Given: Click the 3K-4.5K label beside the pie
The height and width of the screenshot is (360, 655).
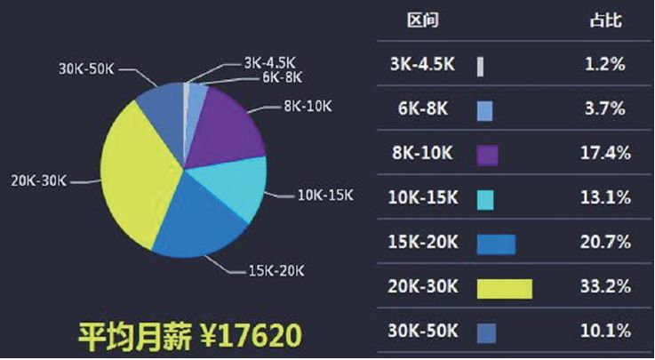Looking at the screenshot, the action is (x=270, y=63).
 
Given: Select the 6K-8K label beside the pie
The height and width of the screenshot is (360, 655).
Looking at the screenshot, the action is (x=282, y=77).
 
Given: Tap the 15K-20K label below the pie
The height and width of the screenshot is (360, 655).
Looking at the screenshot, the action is (x=276, y=270).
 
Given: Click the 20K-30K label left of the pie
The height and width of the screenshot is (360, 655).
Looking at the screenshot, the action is (x=39, y=181).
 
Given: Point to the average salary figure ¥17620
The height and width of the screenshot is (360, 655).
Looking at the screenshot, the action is (x=251, y=335).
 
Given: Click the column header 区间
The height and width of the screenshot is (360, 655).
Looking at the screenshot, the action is (x=423, y=20).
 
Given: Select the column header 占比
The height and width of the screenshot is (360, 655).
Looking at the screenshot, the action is (x=606, y=20).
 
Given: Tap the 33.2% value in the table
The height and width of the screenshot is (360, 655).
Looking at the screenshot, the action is (x=605, y=286).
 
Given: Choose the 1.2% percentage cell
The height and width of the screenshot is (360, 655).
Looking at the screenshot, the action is (x=605, y=64).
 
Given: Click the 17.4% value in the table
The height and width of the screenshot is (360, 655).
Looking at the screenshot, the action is (x=605, y=153).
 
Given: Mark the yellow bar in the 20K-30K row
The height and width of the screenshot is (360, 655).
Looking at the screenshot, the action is (x=505, y=289).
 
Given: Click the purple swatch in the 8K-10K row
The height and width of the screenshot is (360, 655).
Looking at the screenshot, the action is (x=488, y=156).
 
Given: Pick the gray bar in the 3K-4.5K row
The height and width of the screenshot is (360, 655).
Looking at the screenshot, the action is (x=481, y=67).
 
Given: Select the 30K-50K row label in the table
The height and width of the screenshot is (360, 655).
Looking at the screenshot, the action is (x=423, y=331).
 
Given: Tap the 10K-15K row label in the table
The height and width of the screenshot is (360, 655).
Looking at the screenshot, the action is (x=423, y=197).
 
